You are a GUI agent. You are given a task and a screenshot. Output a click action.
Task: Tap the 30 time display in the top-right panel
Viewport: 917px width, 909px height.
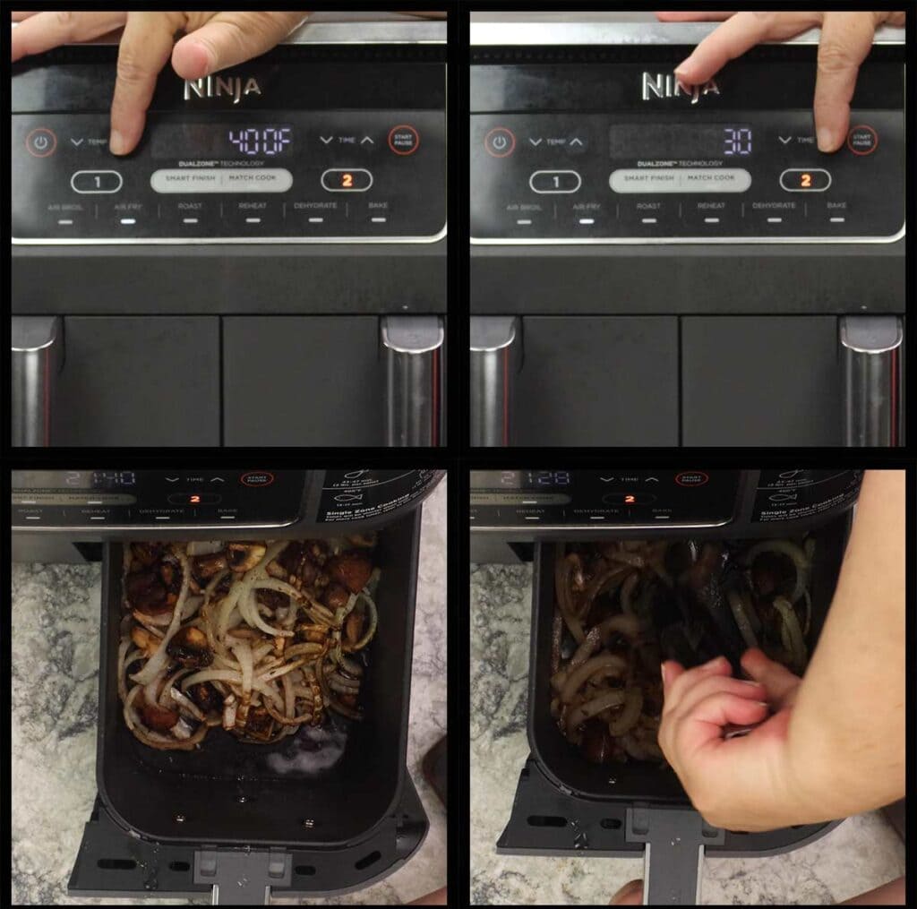click(x=737, y=141)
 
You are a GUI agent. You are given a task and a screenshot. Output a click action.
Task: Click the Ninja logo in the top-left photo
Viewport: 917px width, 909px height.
click(x=222, y=88)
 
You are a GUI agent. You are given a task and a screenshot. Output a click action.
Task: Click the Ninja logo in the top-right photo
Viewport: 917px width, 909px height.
click(x=680, y=87)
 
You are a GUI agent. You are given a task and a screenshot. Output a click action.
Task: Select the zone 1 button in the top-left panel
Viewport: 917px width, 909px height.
click(x=96, y=182)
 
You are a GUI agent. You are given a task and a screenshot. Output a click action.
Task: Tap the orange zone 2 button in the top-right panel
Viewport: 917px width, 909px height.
click(x=804, y=181)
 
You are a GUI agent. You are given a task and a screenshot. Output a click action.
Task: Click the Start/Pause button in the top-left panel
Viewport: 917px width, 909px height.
click(x=403, y=140)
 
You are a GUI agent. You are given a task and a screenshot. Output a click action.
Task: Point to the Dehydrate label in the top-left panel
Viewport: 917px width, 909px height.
click(x=315, y=206)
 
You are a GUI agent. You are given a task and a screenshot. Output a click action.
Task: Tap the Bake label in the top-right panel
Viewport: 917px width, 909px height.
click(x=836, y=206)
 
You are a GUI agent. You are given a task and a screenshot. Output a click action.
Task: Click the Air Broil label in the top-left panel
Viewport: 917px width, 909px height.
click(x=65, y=207)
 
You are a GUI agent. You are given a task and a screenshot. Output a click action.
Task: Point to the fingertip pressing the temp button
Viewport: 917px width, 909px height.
click(x=121, y=141)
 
